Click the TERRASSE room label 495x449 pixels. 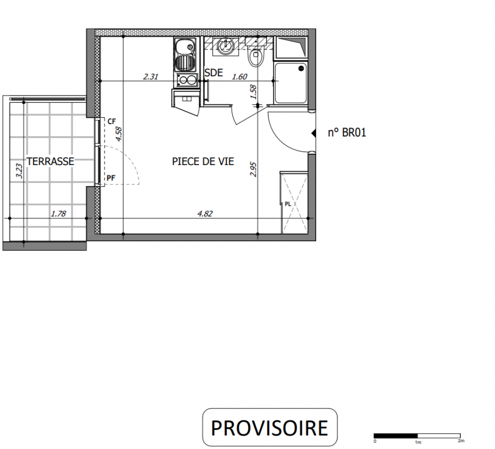50,162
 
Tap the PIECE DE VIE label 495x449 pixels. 203,162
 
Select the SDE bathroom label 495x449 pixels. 214,72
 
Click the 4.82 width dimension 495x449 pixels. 205,214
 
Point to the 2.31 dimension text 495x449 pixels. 151,76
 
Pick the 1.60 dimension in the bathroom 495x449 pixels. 239,76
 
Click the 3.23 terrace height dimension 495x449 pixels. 19,171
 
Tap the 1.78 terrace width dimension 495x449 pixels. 58,214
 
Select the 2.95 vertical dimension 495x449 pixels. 253,169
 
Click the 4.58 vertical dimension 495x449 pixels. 119,134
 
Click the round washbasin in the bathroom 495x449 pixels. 225,46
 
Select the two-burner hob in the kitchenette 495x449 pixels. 187,80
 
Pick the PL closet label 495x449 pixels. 288,204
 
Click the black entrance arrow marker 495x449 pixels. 314,133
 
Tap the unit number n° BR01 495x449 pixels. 347,132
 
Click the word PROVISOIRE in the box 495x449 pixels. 270,428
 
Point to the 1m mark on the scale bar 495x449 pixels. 418,441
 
